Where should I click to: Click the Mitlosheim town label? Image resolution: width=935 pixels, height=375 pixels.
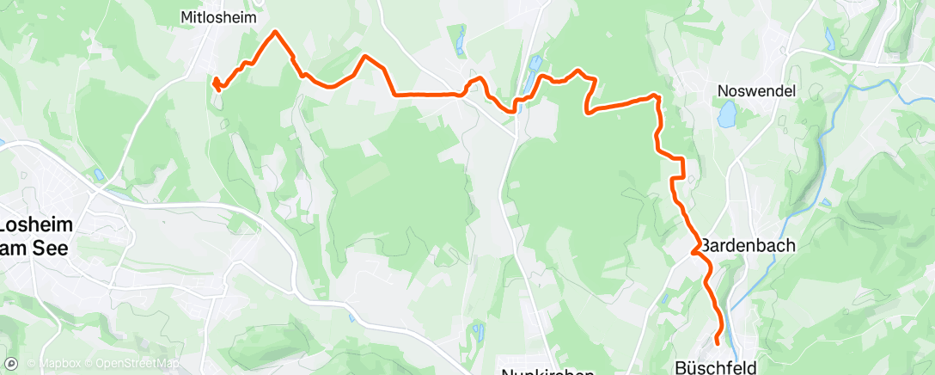pyautogui.click(x=220, y=16)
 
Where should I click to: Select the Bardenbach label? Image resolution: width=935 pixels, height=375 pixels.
pyautogui.click(x=747, y=245)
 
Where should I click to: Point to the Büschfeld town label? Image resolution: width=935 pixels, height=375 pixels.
pyautogui.click(x=716, y=367)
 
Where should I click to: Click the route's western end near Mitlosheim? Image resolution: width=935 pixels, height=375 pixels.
pyautogui.click(x=216, y=83)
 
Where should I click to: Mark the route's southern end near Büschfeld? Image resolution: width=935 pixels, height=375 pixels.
pyautogui.click(x=717, y=345)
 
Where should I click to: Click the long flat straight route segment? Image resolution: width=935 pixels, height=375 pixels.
pyautogui.click(x=425, y=94)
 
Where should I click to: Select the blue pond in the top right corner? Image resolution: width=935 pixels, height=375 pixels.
pyautogui.click(x=829, y=38)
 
